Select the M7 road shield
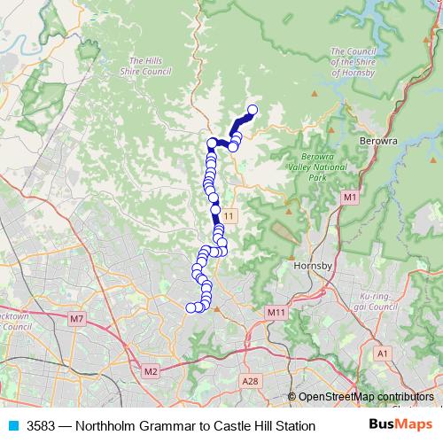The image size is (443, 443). coord(77,318)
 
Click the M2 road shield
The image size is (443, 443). coord(150,370)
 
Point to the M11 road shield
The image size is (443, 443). coord(276,312)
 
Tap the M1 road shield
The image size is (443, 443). coord(350,197)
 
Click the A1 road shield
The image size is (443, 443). coord(383,353)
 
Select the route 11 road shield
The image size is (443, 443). coord(229,215)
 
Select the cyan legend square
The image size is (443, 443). coord(12,426)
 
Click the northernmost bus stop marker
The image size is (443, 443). coord(252,110)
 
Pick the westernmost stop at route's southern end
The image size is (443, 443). coord(190,307)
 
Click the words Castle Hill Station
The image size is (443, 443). coord(265,426)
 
